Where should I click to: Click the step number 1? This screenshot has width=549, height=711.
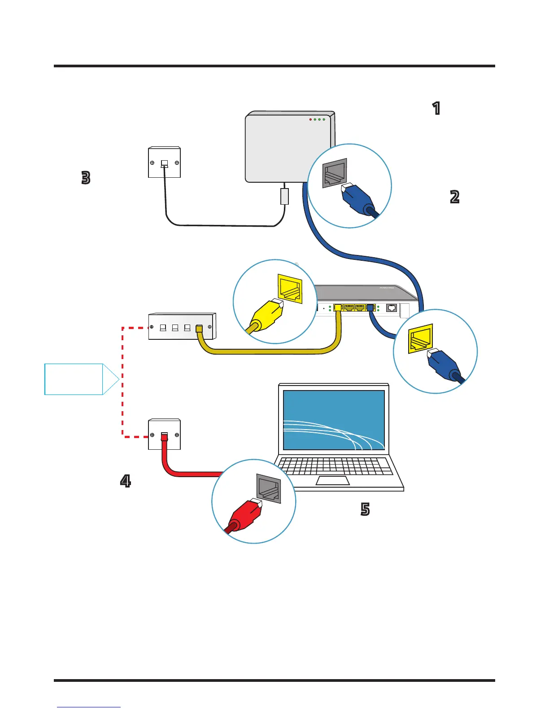click(436, 109)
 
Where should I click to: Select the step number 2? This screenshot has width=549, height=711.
click(454, 197)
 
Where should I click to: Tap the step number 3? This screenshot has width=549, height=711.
click(86, 178)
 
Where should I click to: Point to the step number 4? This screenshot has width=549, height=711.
click(126, 481)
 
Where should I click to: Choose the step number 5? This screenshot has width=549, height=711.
click(365, 509)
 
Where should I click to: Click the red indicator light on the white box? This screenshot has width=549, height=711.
click(310, 120)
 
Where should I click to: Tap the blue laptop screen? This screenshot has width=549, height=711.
click(334, 420)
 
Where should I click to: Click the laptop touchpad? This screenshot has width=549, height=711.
click(333, 481)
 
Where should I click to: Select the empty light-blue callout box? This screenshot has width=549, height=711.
click(74, 379)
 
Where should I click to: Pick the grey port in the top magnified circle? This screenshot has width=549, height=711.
click(335, 172)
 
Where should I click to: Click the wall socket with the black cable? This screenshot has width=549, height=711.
click(164, 162)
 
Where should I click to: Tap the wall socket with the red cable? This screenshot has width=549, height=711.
click(164, 434)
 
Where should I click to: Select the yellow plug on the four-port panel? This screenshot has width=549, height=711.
click(199, 329)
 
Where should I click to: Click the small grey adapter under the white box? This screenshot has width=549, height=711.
click(284, 196)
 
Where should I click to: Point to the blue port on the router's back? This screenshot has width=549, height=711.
click(370, 308)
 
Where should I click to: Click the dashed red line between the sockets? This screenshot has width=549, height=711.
click(122, 382)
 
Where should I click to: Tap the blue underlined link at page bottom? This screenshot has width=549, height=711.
click(89, 707)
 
